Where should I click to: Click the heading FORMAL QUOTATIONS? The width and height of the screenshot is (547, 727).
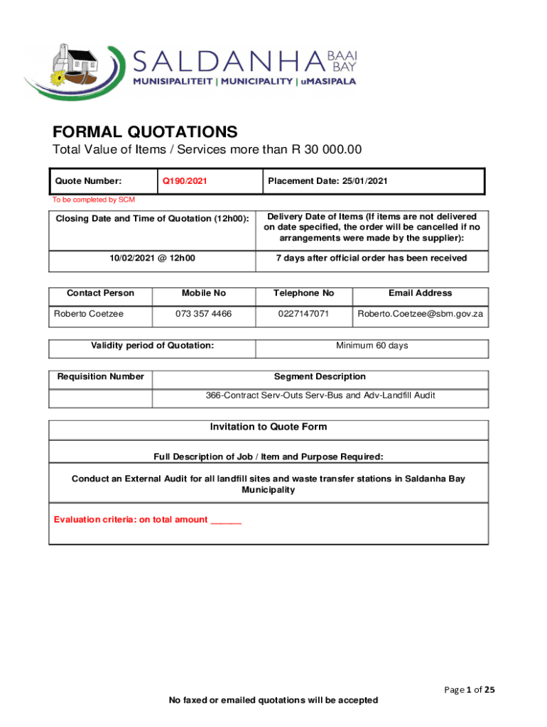coord(145,132)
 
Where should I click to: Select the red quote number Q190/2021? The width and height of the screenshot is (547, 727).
coord(185,181)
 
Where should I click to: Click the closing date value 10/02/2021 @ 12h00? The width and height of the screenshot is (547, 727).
coord(152,258)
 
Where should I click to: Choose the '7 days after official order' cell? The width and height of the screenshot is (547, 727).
coord(372,258)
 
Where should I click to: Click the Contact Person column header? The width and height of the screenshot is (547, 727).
coord(100,293)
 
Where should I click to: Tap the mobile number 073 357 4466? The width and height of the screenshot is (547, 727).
coord(203,313)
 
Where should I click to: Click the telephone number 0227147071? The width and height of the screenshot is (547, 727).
coord(303,313)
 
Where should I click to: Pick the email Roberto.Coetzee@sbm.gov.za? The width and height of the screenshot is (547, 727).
coord(421,313)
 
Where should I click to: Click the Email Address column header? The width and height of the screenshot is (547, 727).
coord(420,293)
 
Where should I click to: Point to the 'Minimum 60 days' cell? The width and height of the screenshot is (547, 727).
coord(372,346)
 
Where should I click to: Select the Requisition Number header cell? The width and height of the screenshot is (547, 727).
coord(100,377)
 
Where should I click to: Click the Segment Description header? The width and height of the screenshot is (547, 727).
coord(320,377)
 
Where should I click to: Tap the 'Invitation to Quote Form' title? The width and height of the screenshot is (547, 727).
coord(268,427)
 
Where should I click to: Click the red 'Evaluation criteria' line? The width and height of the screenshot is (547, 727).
coord(148,520)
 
